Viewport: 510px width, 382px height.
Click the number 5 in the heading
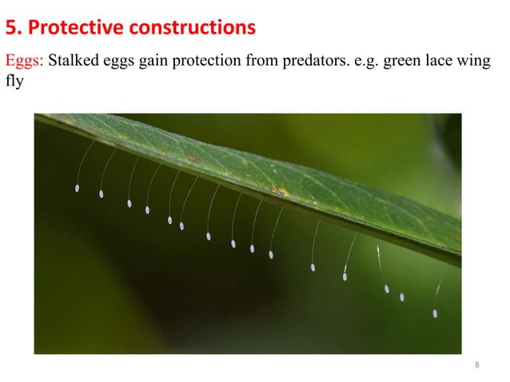coord(10,30)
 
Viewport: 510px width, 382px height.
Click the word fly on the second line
coord(14,82)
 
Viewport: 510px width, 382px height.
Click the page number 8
coord(477,366)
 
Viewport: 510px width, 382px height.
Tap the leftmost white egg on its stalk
coord(77,189)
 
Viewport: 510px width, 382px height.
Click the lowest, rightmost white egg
coord(435,313)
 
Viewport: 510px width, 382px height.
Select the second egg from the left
coord(102,193)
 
